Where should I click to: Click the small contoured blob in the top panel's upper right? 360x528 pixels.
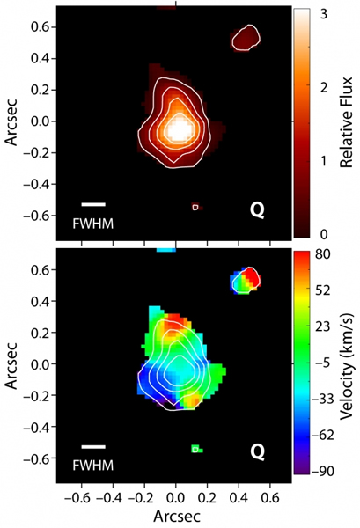pyautogui.click(x=244, y=36)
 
